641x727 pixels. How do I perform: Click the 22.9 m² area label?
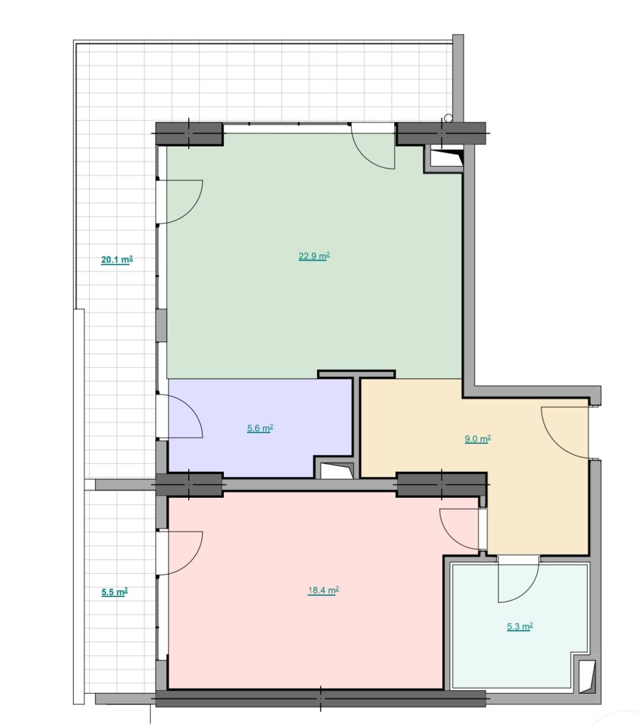click(x=314, y=256)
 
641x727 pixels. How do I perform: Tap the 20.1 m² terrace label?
click(x=117, y=259)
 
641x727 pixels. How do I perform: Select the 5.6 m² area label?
click(x=260, y=428)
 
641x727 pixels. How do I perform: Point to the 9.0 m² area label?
click(x=478, y=439)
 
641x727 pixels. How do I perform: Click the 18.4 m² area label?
click(x=323, y=591)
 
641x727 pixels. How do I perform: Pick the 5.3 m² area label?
click(x=520, y=627)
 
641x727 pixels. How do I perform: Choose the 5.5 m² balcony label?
click(x=115, y=592)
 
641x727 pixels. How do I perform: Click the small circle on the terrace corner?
click(x=448, y=118)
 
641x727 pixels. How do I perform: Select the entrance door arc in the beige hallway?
click(x=550, y=442)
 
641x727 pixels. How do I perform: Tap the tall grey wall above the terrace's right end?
click(x=458, y=78)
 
